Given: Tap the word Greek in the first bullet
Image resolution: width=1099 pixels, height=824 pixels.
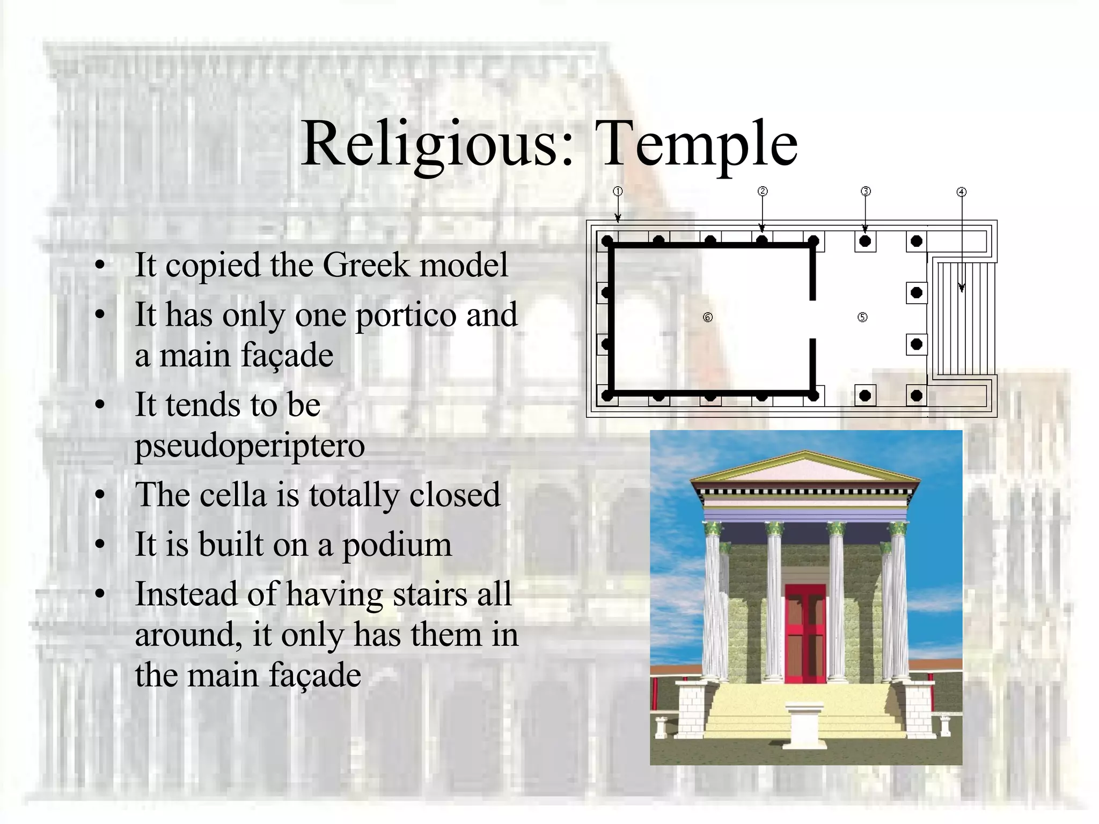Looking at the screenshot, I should [365, 265].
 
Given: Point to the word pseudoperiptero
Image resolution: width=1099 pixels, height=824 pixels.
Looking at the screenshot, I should [250, 446].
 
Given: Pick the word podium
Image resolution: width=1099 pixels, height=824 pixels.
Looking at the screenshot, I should [397, 545].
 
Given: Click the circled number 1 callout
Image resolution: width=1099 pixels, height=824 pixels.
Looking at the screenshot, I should [618, 192].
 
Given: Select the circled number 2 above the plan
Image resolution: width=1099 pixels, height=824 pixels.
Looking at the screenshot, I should [763, 192].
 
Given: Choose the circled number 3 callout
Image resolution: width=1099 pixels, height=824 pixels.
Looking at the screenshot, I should [866, 192].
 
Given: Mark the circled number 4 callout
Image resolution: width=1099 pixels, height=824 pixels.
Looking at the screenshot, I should [962, 192].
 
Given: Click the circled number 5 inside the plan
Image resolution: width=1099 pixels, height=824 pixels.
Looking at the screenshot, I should [862, 317].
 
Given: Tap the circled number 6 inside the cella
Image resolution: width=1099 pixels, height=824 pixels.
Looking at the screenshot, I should [708, 318].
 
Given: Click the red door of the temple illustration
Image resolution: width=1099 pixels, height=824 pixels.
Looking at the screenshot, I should [805, 633].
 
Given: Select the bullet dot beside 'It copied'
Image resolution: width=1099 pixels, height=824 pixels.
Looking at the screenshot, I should [99, 265].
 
